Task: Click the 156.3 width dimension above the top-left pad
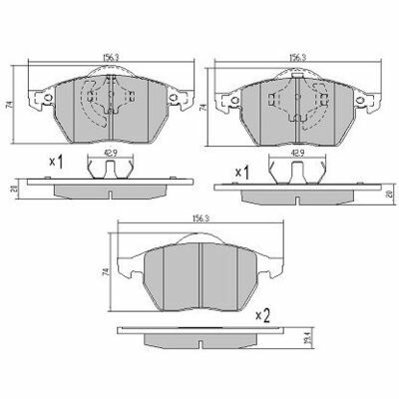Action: click(x=104, y=58)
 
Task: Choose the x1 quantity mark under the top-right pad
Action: click(x=240, y=172)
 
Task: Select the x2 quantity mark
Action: click(x=264, y=315)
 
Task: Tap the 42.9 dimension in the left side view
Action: click(x=105, y=154)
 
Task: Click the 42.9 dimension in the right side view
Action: click(x=296, y=154)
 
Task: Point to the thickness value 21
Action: click(x=12, y=187)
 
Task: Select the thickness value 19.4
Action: click(x=290, y=340)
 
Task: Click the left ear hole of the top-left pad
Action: click(x=39, y=100)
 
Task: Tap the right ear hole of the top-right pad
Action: click(x=369, y=100)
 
